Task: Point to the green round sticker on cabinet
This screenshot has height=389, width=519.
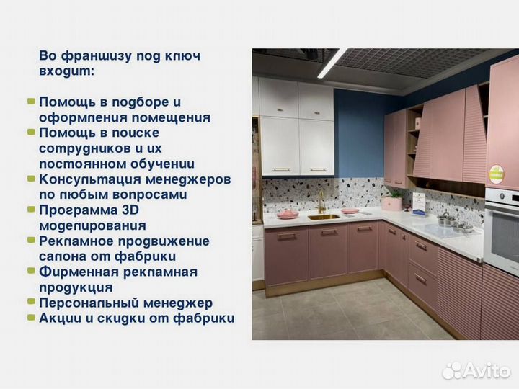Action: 495,174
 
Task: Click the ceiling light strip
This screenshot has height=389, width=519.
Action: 332,63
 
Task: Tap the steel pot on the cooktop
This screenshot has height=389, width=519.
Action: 446,219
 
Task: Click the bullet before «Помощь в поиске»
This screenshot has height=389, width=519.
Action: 31,133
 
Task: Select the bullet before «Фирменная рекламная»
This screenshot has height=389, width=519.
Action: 31,272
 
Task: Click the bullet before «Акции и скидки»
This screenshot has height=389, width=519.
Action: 31,318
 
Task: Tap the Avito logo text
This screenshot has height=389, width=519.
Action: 487,370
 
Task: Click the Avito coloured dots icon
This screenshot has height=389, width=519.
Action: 452,370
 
